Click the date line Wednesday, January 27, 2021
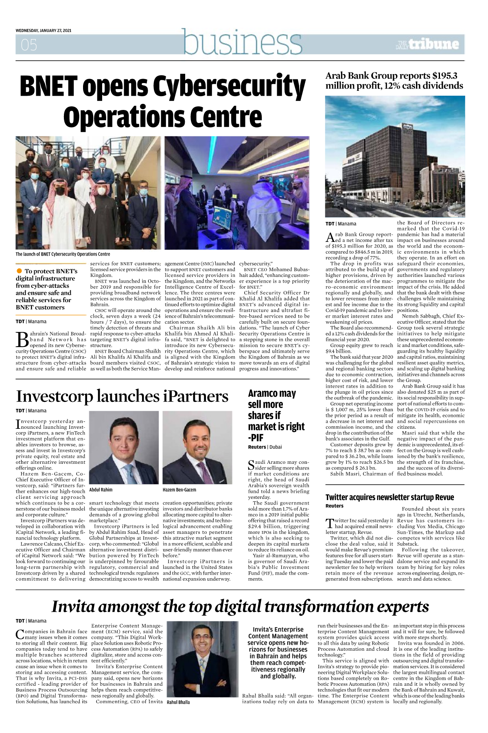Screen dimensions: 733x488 (44, 31)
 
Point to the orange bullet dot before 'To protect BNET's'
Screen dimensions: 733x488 (19, 271)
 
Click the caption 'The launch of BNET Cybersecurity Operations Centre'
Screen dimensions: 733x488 (63, 254)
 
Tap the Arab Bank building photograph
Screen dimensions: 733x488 (394, 156)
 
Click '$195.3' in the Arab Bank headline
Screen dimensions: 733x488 (444, 76)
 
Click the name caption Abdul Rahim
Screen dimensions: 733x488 (101, 490)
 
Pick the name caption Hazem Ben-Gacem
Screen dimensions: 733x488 (179, 490)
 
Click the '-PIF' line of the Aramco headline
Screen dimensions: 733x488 (256, 438)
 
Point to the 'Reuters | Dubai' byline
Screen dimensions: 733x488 (265, 447)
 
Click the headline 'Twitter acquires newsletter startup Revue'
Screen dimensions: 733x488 (390, 497)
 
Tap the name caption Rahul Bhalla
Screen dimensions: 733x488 (178, 702)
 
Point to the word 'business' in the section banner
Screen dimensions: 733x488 (242, 42)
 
